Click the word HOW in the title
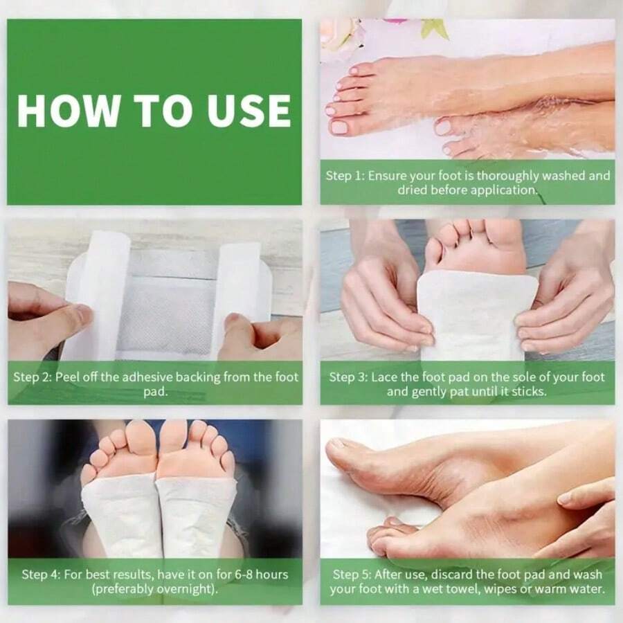[62, 111]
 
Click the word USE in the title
[250, 111]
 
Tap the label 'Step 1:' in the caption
[345, 176]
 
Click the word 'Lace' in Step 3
[384, 378]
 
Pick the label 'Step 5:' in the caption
[352, 575]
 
